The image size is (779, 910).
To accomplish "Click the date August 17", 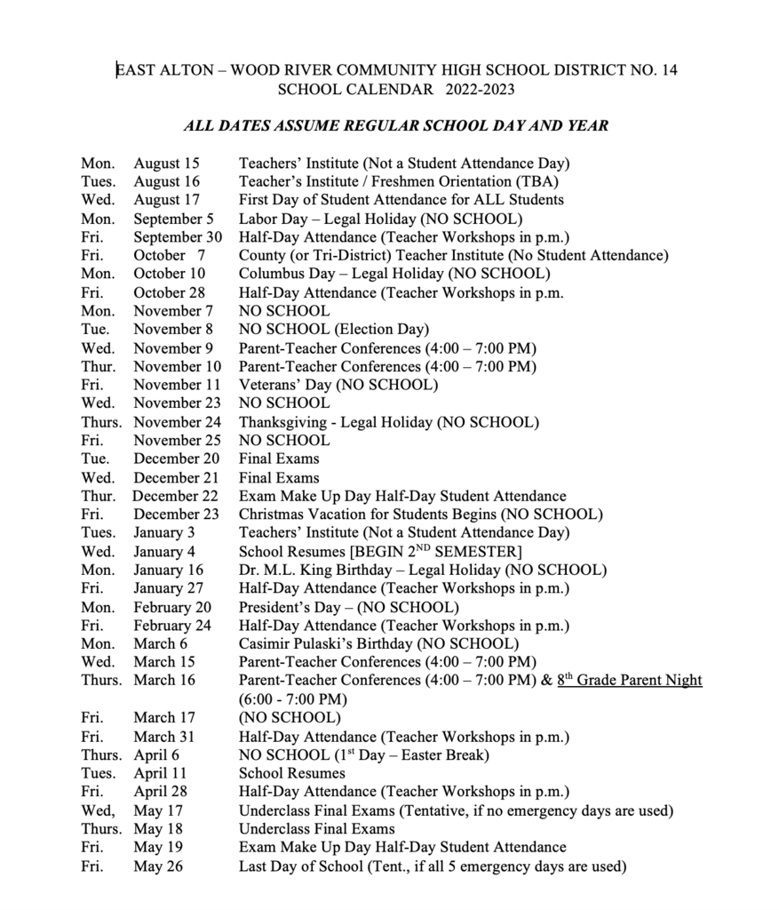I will [x=166, y=200].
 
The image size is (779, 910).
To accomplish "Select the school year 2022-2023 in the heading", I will [x=481, y=90].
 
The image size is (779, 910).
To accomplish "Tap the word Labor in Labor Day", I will [x=258, y=219].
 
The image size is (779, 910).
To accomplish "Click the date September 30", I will [x=178, y=237].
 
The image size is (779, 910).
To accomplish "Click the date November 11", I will [x=177, y=385].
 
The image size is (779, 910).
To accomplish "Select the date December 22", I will [x=175, y=496].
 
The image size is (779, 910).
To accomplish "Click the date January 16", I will [x=168, y=570].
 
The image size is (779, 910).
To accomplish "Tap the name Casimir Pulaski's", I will [x=299, y=643].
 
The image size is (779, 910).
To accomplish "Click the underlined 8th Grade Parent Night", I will [x=630, y=681].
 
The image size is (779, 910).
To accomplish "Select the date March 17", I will [x=161, y=717].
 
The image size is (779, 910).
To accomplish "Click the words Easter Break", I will [x=441, y=755].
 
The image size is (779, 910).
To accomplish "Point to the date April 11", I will [x=160, y=773].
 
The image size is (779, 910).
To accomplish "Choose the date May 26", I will [x=158, y=866].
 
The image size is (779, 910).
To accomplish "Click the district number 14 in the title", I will [x=668, y=70].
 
